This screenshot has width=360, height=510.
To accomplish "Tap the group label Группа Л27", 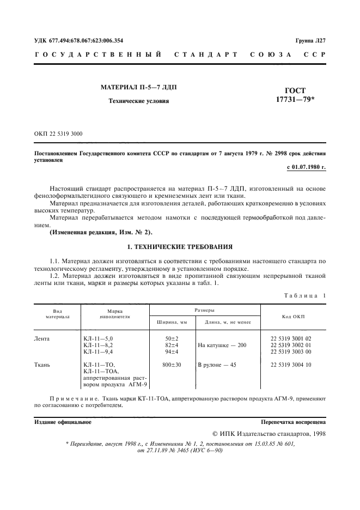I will coord(310,41).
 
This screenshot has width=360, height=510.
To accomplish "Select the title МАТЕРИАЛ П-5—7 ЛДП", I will coord(138,87).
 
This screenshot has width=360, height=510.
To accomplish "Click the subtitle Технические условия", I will coord(139,101).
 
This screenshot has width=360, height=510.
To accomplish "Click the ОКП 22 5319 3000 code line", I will coord(58,133).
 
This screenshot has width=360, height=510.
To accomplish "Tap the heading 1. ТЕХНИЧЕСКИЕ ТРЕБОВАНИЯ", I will coord(180,246).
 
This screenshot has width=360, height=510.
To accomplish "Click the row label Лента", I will coord(42,338).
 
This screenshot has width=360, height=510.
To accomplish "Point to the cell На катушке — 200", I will coord(222,345).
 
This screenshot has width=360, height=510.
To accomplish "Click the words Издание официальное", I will coord(63,422).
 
